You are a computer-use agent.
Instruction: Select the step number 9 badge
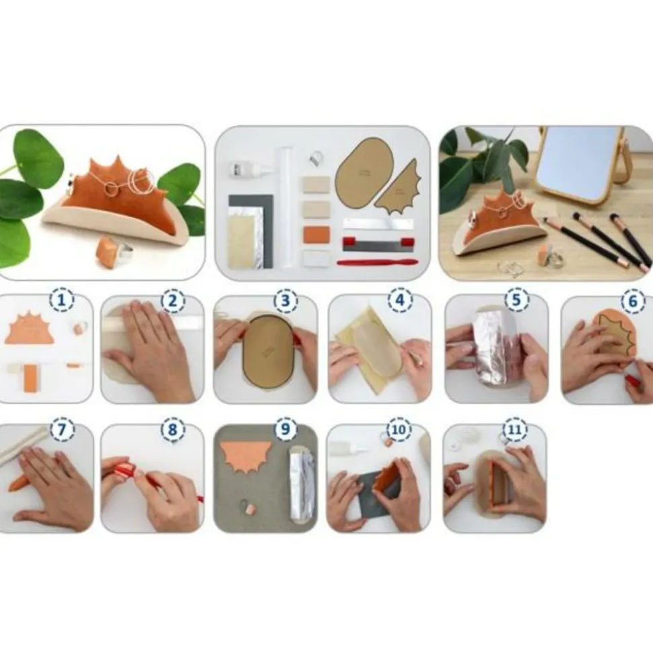pyautogui.click(x=285, y=429)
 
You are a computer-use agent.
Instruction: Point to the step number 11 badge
pyautogui.click(x=515, y=429)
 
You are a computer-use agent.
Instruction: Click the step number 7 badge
pyautogui.click(x=62, y=429)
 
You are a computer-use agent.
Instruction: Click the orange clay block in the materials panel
pyautogui.click(x=316, y=234)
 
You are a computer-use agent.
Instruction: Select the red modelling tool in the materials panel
pyautogui.click(x=378, y=262)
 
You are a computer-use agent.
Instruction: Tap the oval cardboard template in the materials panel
pyautogui.click(x=364, y=172)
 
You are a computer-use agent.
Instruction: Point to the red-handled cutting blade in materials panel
pyautogui.click(x=377, y=243)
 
